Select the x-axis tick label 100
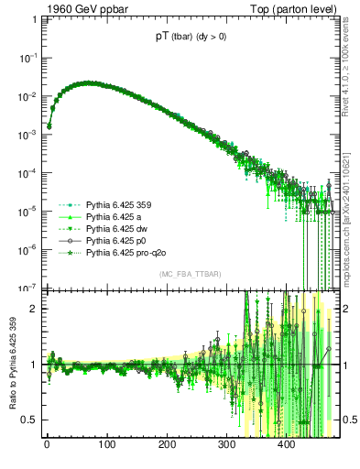106,446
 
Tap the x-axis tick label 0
47,446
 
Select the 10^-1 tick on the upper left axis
28,57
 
